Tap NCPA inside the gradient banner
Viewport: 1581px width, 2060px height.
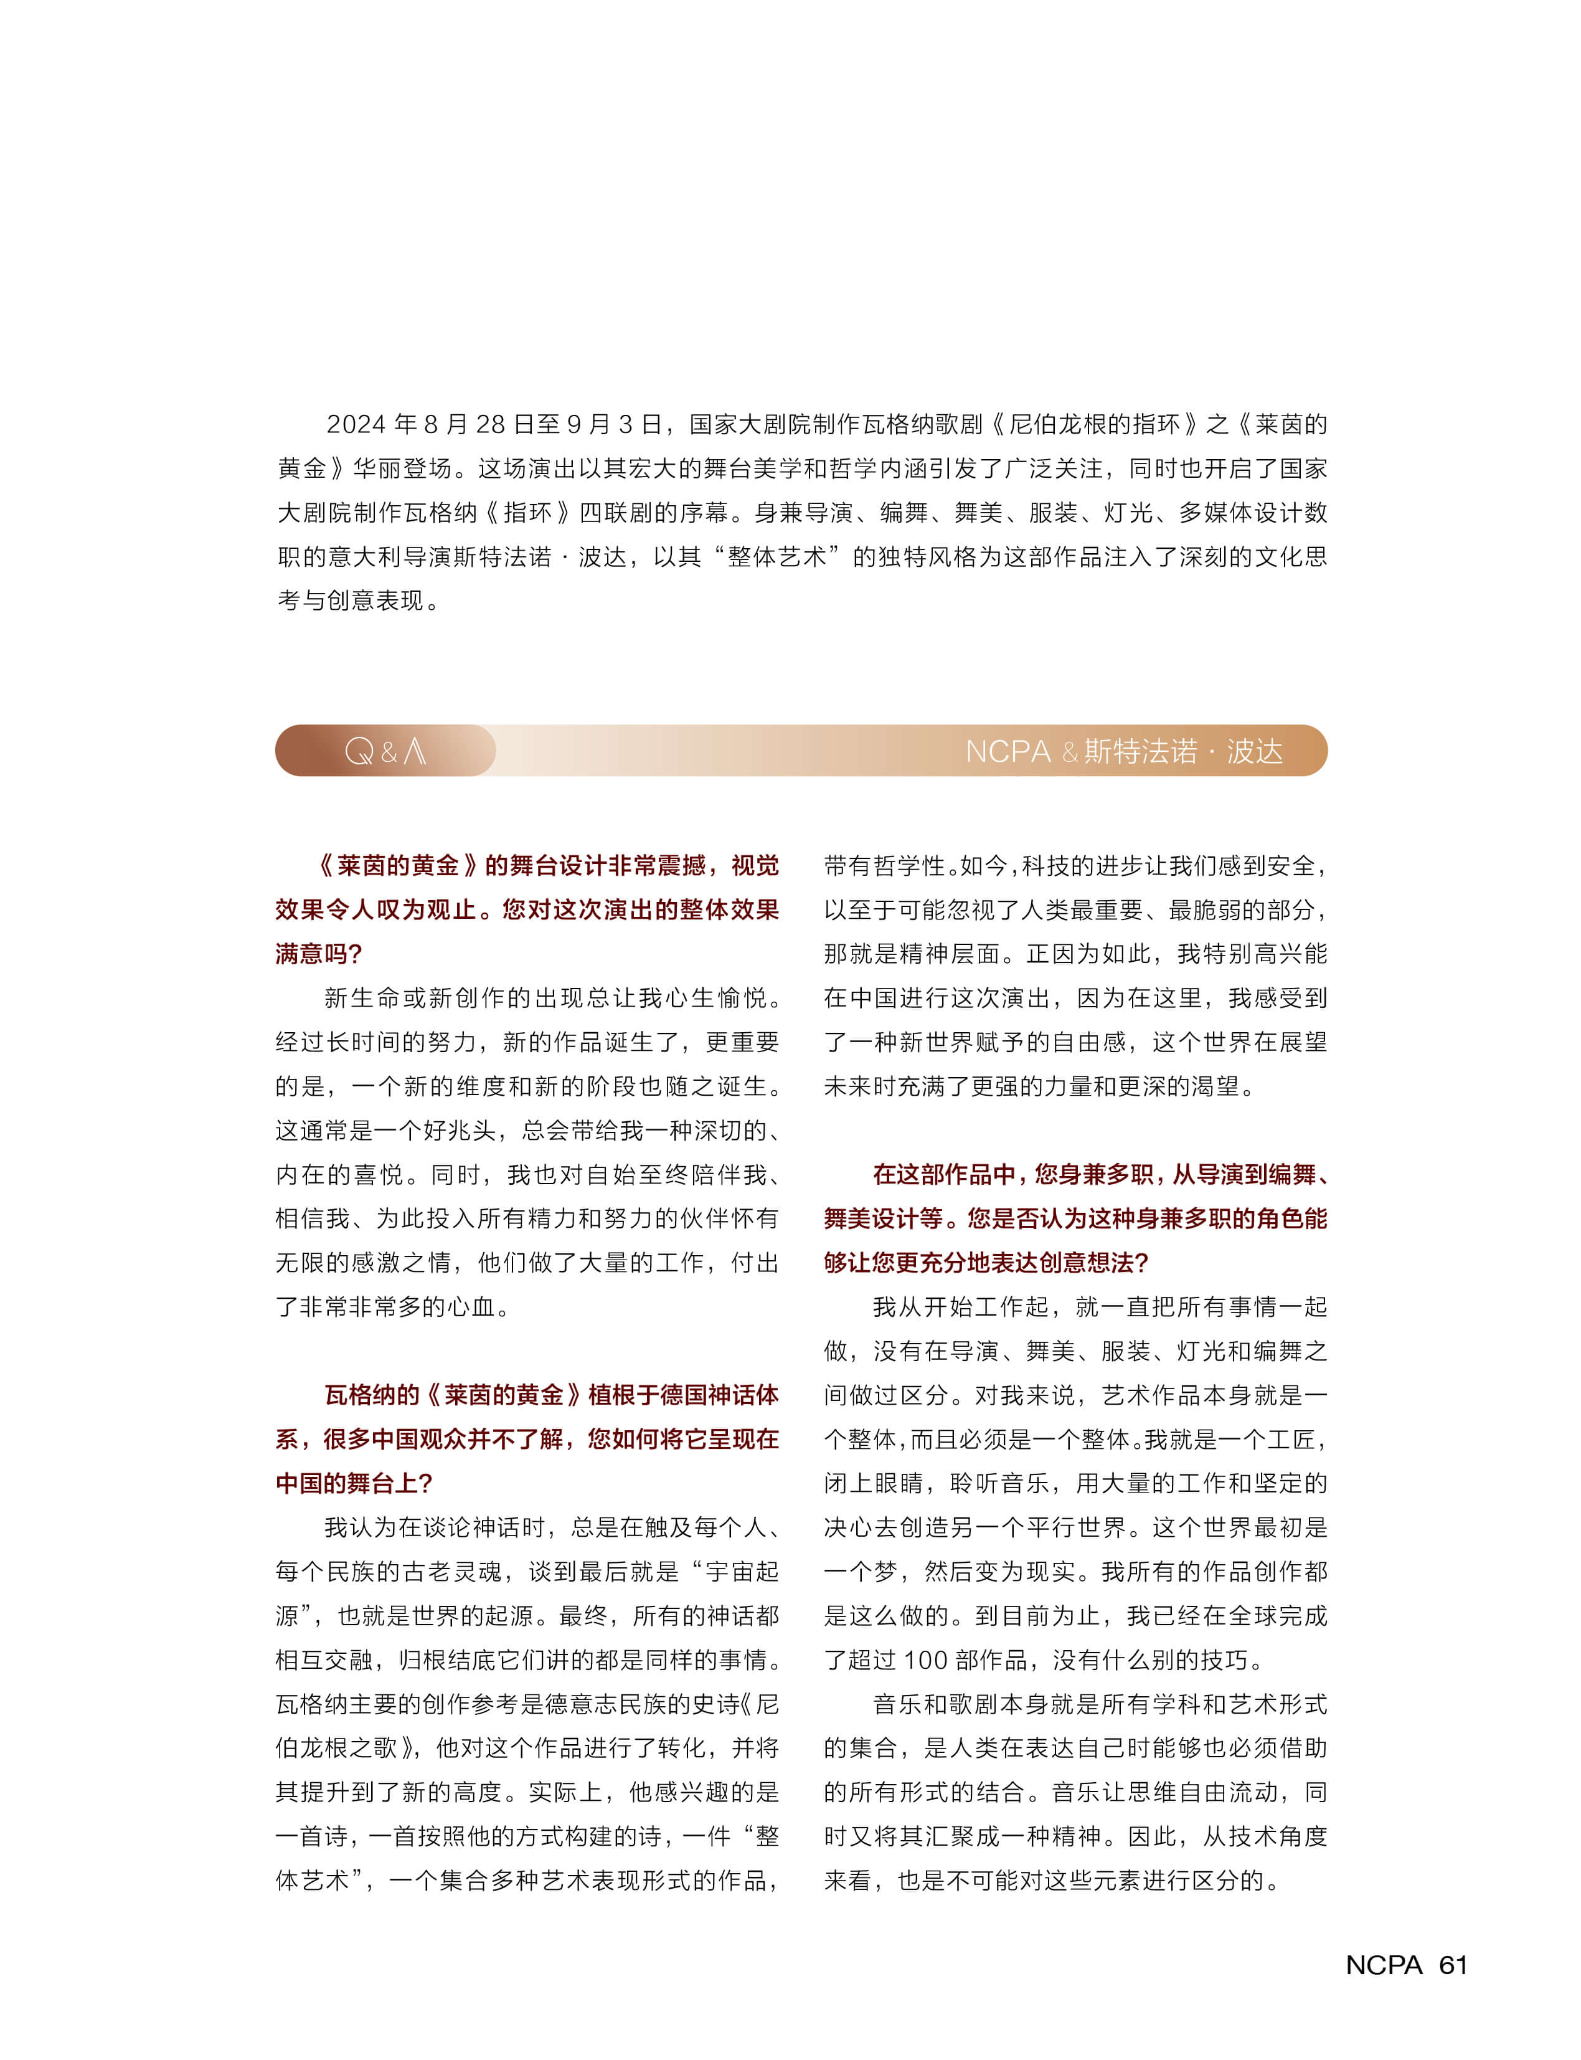1007,751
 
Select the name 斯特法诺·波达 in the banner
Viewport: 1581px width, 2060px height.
1183,751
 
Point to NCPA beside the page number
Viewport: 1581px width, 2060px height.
1384,1965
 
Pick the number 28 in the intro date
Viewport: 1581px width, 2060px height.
490,425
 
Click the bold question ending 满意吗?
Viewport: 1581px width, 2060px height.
318,954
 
